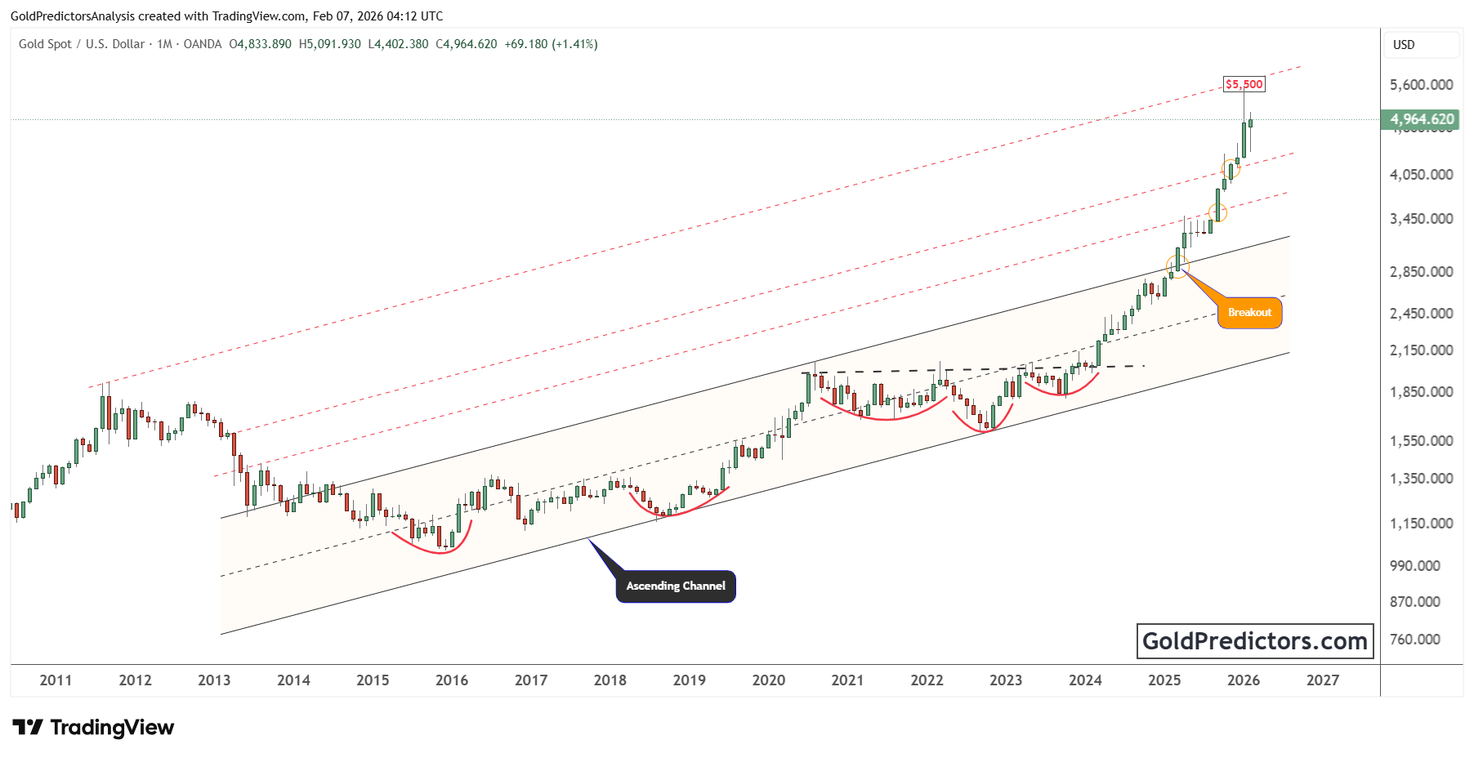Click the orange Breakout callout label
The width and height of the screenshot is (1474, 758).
pyautogui.click(x=1249, y=313)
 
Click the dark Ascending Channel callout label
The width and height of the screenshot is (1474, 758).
pyautogui.click(x=675, y=586)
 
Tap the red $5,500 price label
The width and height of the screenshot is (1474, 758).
pyautogui.click(x=1244, y=84)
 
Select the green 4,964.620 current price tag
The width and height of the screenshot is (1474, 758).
pyautogui.click(x=1422, y=119)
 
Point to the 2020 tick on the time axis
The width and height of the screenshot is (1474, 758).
pyautogui.click(x=768, y=680)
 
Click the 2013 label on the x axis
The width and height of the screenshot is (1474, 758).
pyautogui.click(x=214, y=680)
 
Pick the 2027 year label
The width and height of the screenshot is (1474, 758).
pyautogui.click(x=1322, y=680)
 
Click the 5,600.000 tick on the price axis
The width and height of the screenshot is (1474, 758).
pyautogui.click(x=1421, y=85)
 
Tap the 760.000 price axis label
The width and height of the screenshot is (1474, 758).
pyautogui.click(x=1414, y=640)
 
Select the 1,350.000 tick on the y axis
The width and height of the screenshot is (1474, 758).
pyautogui.click(x=1421, y=479)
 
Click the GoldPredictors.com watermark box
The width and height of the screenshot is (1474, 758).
pyautogui.click(x=1254, y=641)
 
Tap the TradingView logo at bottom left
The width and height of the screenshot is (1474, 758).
pyautogui.click(x=93, y=727)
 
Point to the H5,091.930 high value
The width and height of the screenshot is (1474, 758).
pyautogui.click(x=330, y=44)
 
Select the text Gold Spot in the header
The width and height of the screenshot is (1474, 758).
pyautogui.click(x=45, y=44)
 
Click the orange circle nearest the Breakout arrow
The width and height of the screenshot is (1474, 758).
pyautogui.click(x=1177, y=265)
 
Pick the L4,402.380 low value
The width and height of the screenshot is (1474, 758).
pyautogui.click(x=398, y=44)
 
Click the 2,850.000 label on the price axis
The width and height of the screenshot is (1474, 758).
pyautogui.click(x=1421, y=272)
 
